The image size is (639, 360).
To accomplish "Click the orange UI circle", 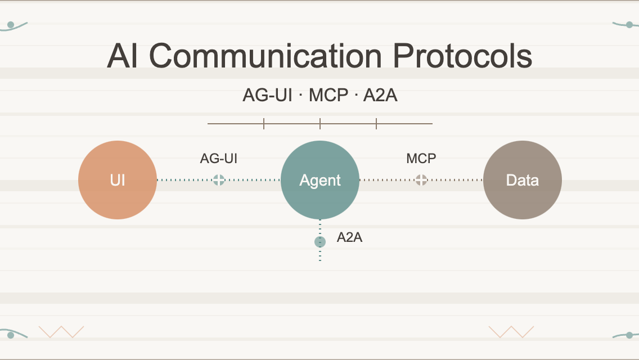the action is [x=118, y=180].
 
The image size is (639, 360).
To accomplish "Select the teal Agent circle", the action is [x=320, y=180].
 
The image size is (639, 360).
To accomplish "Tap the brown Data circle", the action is [x=523, y=180].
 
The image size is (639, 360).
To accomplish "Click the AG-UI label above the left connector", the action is [x=219, y=159].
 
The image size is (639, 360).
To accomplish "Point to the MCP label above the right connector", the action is [x=421, y=159].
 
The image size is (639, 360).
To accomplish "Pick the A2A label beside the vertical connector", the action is [x=349, y=237].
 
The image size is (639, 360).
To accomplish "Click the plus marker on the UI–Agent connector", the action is [x=219, y=180].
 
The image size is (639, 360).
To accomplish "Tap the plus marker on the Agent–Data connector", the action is [x=421, y=180].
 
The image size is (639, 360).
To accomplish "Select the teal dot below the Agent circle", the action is [x=320, y=242].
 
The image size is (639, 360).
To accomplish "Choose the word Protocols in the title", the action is [x=462, y=56].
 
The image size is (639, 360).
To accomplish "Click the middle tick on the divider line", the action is [x=320, y=123].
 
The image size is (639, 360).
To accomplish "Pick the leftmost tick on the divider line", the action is [x=264, y=123].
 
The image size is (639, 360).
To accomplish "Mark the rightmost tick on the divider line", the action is [x=376, y=123].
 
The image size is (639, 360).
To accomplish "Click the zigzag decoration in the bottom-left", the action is [x=61, y=332].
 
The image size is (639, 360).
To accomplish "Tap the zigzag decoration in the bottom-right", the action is [x=511, y=332].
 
